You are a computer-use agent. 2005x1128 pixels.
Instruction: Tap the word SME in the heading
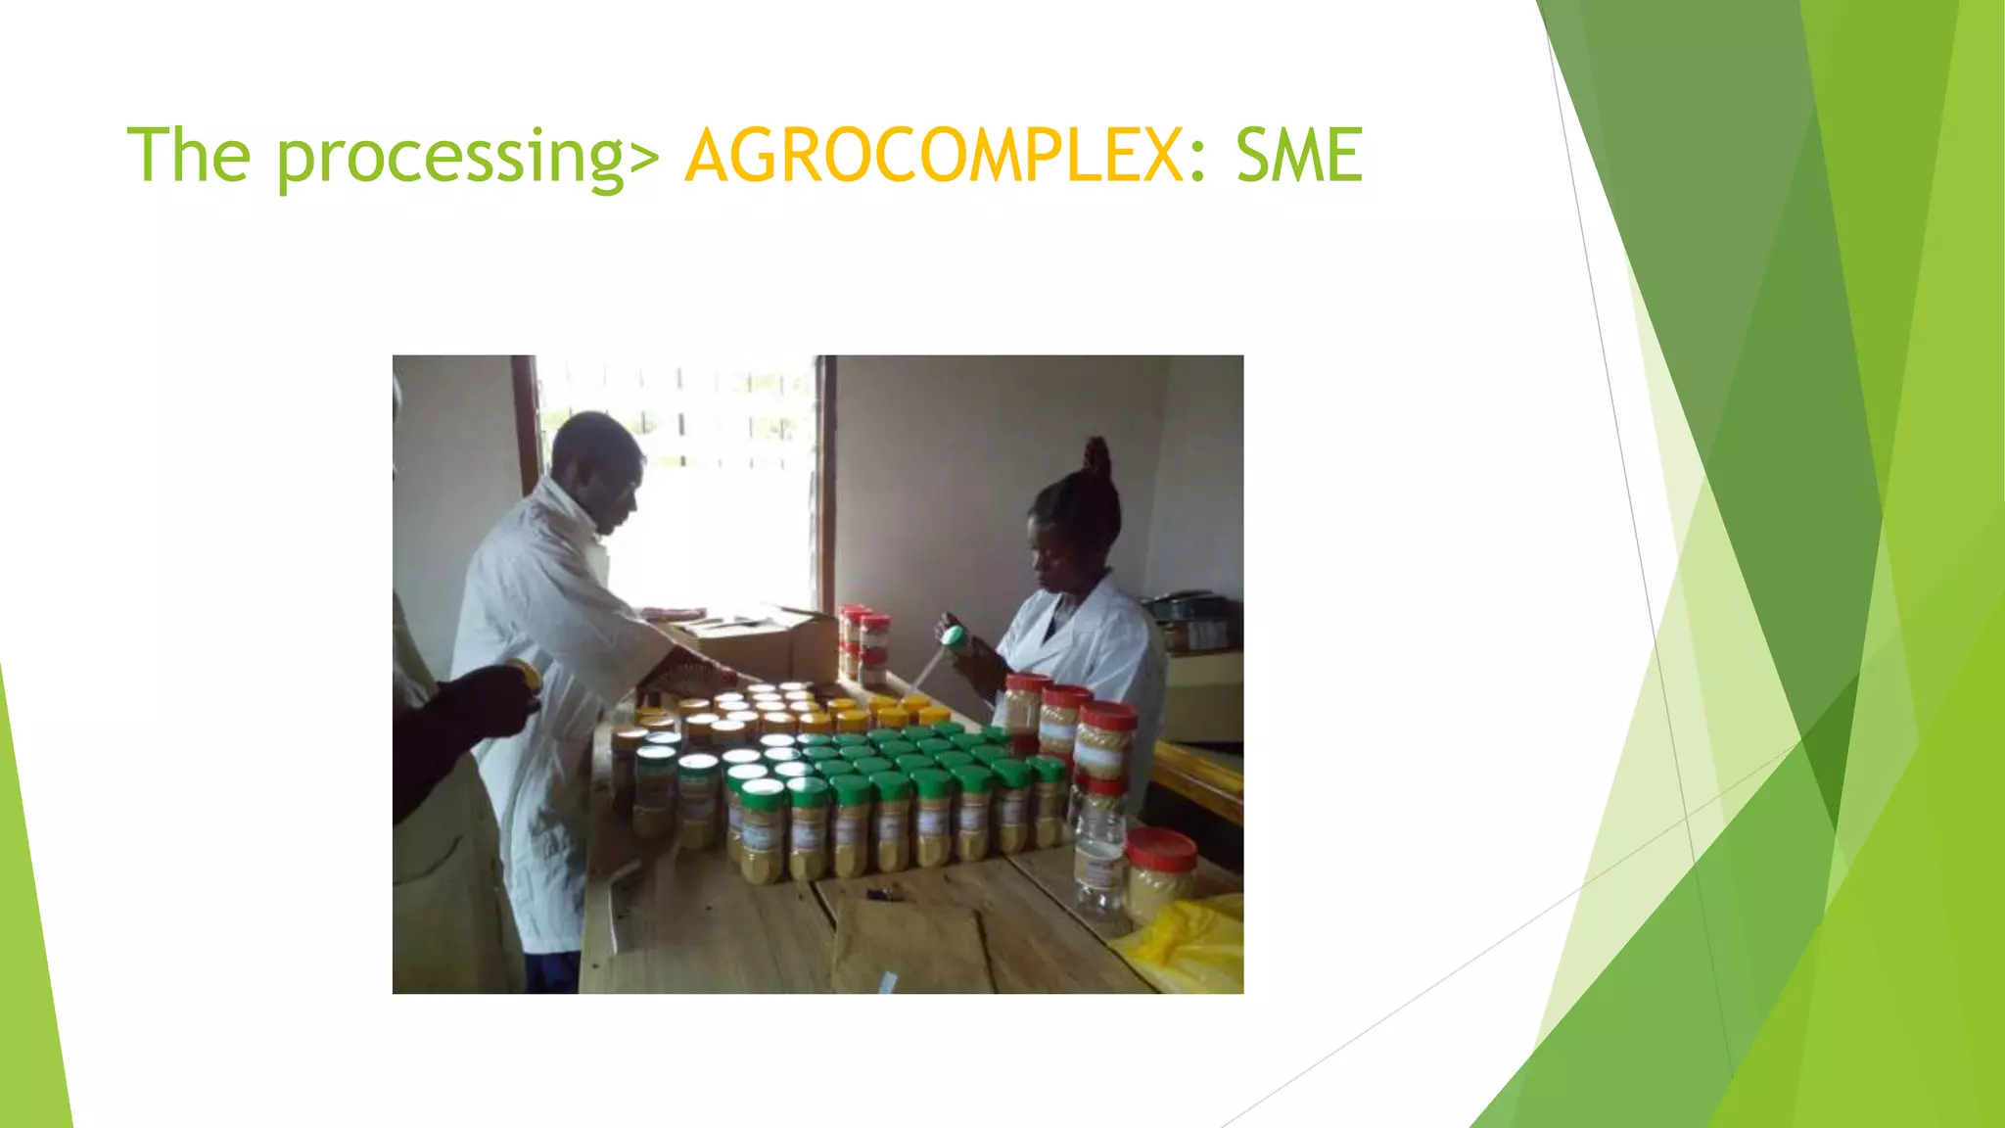(1299, 156)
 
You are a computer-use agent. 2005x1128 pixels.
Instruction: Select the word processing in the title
(450, 157)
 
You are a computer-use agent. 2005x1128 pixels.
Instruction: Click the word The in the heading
(189, 156)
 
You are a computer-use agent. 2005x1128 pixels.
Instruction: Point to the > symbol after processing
(644, 157)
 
